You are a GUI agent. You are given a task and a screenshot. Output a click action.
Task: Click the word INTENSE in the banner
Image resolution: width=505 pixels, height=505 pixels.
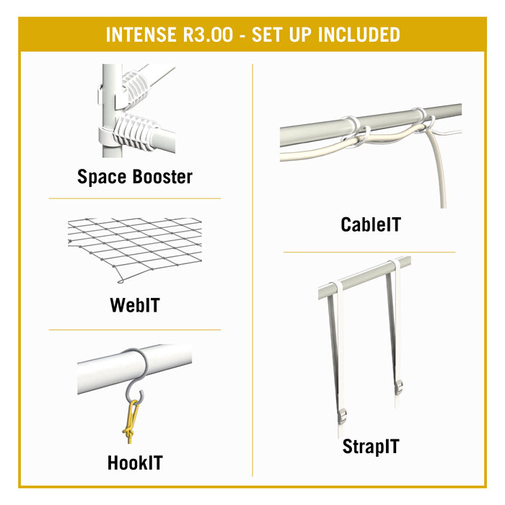141,35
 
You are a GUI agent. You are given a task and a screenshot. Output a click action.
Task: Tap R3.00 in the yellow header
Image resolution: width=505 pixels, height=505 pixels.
208,35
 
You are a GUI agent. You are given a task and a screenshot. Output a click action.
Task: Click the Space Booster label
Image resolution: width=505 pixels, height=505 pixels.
135,177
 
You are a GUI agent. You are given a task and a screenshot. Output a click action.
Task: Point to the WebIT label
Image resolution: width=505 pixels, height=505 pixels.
135,305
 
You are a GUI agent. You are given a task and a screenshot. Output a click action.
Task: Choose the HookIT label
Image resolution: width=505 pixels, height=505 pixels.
135,463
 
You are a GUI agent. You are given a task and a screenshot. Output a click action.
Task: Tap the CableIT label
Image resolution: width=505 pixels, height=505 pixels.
371,224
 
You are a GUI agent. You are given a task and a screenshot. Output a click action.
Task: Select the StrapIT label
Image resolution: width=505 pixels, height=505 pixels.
371,447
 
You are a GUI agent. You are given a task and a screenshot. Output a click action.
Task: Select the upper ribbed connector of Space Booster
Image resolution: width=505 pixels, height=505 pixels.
136,87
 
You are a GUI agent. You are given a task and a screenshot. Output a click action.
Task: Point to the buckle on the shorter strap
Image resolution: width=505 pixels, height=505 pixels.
399,387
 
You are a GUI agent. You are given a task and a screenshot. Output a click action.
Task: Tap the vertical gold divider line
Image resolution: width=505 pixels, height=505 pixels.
252,270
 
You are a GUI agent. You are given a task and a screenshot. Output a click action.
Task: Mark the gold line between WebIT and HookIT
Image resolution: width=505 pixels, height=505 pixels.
135,330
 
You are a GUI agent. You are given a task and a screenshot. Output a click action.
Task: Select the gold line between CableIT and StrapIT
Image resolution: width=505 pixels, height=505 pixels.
369,252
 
